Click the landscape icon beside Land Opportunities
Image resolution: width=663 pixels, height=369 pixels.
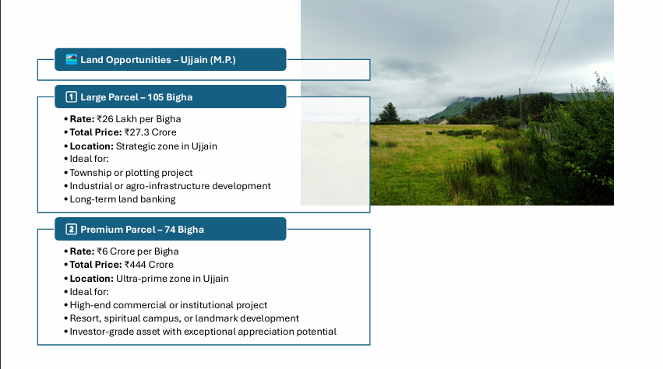pyautogui.click(x=72, y=60)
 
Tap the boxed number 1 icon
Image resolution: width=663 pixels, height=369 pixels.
pyautogui.click(x=71, y=97)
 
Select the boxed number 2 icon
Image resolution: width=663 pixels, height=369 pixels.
pyautogui.click(x=71, y=230)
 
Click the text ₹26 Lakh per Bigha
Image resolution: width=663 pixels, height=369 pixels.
pyautogui.click(x=139, y=119)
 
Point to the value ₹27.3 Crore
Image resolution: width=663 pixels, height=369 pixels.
pyautogui.click(x=150, y=132)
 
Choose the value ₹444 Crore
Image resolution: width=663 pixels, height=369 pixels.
pyautogui.click(x=149, y=265)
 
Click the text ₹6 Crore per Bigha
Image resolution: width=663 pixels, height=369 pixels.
pyautogui.click(x=137, y=251)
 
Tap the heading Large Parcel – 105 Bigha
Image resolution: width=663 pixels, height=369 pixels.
pyautogui.click(x=136, y=97)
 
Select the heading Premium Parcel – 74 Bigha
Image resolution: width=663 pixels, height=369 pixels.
pyautogui.click(x=142, y=230)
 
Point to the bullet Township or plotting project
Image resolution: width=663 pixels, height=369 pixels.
pyautogui.click(x=131, y=173)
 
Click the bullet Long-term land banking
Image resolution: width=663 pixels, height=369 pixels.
pyautogui.click(x=122, y=199)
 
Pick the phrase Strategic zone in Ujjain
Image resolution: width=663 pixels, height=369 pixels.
pyautogui.click(x=167, y=146)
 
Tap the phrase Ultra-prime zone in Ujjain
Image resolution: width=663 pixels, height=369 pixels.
pyautogui.click(x=172, y=279)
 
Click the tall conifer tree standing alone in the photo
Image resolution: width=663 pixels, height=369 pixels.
pyautogui.click(x=389, y=112)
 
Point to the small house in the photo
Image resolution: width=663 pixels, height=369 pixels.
pyautogui.click(x=432, y=121)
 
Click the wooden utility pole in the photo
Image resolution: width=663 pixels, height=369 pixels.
pyautogui.click(x=520, y=106)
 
